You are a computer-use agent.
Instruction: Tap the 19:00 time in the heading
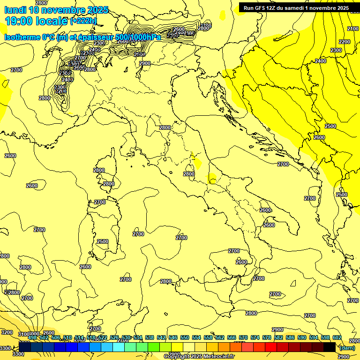coord(19,21)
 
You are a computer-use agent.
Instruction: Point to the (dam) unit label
coord(347,348)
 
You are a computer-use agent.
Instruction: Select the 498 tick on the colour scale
coord(32,337)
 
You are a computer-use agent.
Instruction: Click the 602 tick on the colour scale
coord(337,337)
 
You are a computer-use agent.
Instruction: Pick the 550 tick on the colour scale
coord(184,337)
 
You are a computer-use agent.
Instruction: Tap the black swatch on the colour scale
coord(330,347)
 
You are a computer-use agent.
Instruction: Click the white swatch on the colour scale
coord(189,347)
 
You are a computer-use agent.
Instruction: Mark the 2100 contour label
coord(353,29)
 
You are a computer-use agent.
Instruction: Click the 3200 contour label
coord(7,332)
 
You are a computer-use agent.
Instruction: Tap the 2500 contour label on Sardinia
coord(102,242)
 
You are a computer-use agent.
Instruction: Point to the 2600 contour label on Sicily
coord(241,262)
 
